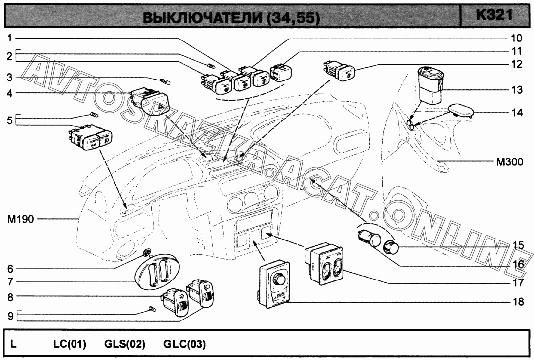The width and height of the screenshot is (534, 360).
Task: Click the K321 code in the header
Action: pos(495,15)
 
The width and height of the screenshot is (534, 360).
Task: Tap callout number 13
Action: pos(517,90)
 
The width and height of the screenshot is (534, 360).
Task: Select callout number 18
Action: pos(518,302)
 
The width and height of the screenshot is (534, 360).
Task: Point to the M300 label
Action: pos(509,161)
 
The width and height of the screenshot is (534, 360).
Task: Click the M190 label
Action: pos(21,219)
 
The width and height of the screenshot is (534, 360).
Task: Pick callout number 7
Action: pos(10,282)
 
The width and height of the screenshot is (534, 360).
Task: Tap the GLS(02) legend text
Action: pos(125,344)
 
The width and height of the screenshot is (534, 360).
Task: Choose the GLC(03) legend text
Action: pos(185,344)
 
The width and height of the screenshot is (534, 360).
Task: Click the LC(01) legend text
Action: pos(70,344)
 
